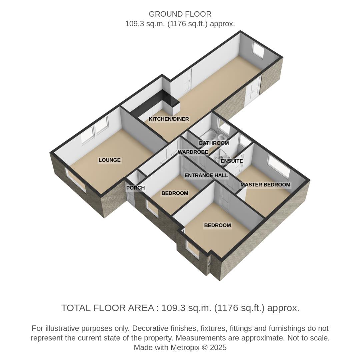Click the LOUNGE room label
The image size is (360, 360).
coord(109,160)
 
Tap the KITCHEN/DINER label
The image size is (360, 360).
coord(169,119)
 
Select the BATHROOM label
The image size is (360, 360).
coord(214,143)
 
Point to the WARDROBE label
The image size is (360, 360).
coord(193,152)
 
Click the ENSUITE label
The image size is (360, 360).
coord(232,161)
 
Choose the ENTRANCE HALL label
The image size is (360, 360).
coord(206,175)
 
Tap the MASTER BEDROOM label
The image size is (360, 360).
coord(265,185)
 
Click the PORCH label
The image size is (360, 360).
coord(135,188)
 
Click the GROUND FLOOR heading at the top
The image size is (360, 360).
coord(180,14)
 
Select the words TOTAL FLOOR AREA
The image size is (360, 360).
coord(107,308)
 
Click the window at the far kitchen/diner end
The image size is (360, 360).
coord(258,50)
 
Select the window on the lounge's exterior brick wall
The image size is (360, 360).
coord(76,180)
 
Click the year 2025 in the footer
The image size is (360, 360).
coord(219,348)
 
